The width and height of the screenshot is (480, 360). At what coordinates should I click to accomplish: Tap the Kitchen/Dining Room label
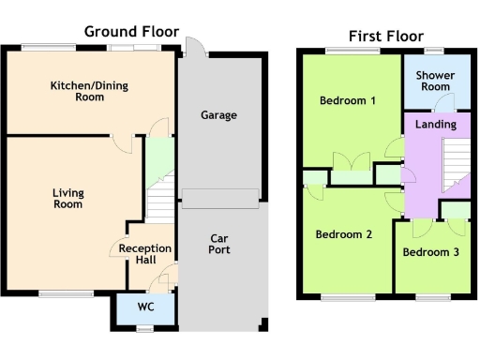point(89,91)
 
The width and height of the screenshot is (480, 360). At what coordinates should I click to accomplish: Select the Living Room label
point(68,198)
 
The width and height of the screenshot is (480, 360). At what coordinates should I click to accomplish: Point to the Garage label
point(218,115)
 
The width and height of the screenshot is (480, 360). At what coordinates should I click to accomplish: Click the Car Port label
point(219,244)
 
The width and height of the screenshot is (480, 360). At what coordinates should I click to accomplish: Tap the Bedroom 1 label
point(348,100)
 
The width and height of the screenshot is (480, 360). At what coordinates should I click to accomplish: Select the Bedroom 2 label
point(344,234)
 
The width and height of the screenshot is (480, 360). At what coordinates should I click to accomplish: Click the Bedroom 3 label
point(431,252)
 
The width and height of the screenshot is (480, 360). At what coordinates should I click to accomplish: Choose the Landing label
point(435,124)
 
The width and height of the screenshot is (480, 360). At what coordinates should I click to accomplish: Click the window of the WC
point(144,328)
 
